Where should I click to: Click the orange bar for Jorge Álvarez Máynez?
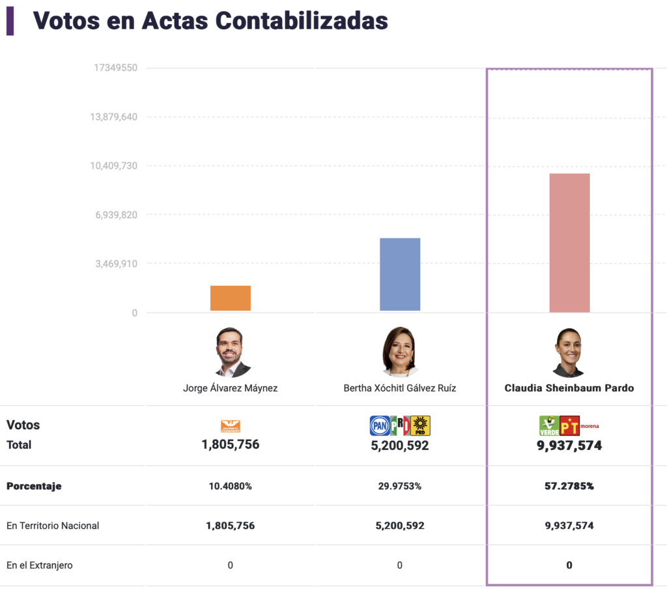pyautogui.click(x=230, y=298)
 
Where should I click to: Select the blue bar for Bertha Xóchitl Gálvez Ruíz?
pyautogui.click(x=400, y=274)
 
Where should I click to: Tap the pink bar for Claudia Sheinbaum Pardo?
pyautogui.click(x=569, y=242)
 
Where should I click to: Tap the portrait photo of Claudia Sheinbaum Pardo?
pyautogui.click(x=569, y=352)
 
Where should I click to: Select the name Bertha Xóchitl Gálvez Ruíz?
pyautogui.click(x=400, y=388)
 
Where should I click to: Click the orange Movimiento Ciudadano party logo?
pyautogui.click(x=231, y=426)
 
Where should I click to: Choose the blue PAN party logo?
pyautogui.click(x=380, y=426)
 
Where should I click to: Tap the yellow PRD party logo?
pyautogui.click(x=420, y=426)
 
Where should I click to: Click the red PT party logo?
pyautogui.click(x=569, y=426)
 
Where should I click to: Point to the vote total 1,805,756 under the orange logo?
pyautogui.click(x=231, y=445)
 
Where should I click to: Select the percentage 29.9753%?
pyautogui.click(x=400, y=486)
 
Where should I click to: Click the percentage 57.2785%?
pyautogui.click(x=569, y=486)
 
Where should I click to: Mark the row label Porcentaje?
pyautogui.click(x=34, y=486)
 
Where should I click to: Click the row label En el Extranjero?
pyautogui.click(x=40, y=565)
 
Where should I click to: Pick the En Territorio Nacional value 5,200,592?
pyautogui.click(x=400, y=526)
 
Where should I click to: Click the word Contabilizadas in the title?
pyautogui.click(x=302, y=21)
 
